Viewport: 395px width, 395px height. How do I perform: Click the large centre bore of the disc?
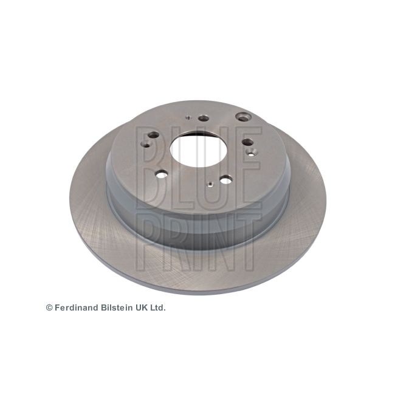199,149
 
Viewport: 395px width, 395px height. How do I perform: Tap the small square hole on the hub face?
211,184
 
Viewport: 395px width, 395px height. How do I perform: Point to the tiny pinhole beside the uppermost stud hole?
188,117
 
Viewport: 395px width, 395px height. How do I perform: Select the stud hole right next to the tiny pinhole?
204,118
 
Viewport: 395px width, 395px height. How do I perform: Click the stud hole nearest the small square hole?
225,180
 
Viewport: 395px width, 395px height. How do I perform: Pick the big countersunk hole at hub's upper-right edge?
243,117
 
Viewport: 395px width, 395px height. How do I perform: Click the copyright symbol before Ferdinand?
49,307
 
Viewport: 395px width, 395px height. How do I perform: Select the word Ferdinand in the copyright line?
77,307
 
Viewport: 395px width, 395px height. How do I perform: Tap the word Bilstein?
117,307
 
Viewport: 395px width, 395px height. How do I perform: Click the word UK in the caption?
142,307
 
